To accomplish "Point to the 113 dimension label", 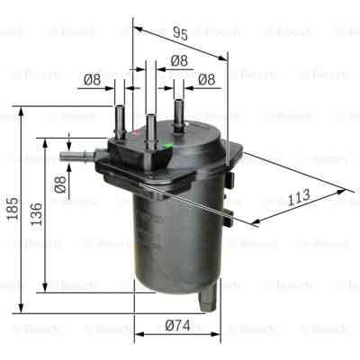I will coord(299,194).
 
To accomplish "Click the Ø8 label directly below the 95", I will coord(178,60).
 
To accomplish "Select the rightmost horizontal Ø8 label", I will coord(208,79).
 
